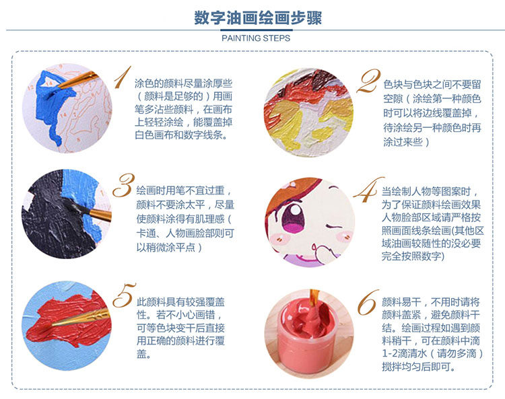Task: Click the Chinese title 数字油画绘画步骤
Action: tap(258, 17)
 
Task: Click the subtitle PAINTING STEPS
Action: tap(256, 38)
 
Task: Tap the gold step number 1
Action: tap(123, 77)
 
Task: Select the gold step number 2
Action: tap(369, 81)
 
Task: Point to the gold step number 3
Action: tap(123, 185)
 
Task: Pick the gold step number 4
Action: tap(368, 190)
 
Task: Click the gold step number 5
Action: tap(124, 295)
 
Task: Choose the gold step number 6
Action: tap(368, 303)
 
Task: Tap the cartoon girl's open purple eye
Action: tap(293, 215)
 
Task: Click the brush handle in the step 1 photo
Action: tap(78, 80)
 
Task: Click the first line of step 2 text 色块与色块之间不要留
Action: tap(432, 84)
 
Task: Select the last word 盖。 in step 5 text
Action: tap(143, 354)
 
